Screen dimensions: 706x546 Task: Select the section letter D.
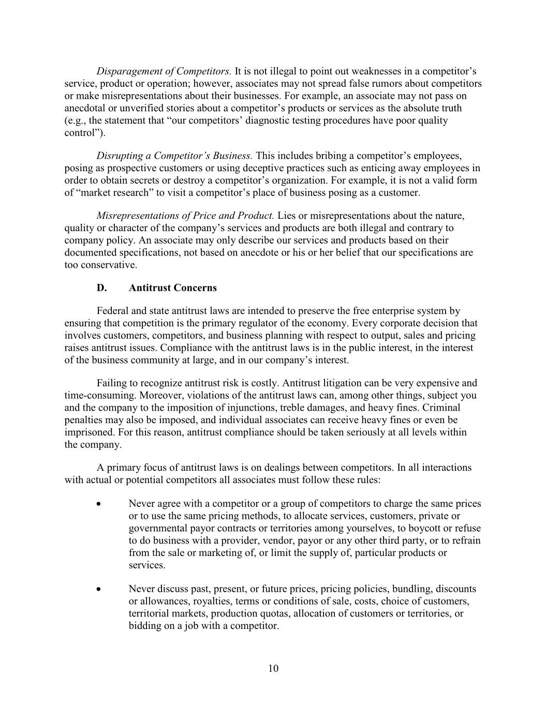[101, 288]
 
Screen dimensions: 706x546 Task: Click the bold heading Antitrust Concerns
[173, 288]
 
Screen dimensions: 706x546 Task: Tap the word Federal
[112, 311]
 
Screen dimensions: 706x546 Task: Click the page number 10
[273, 669]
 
